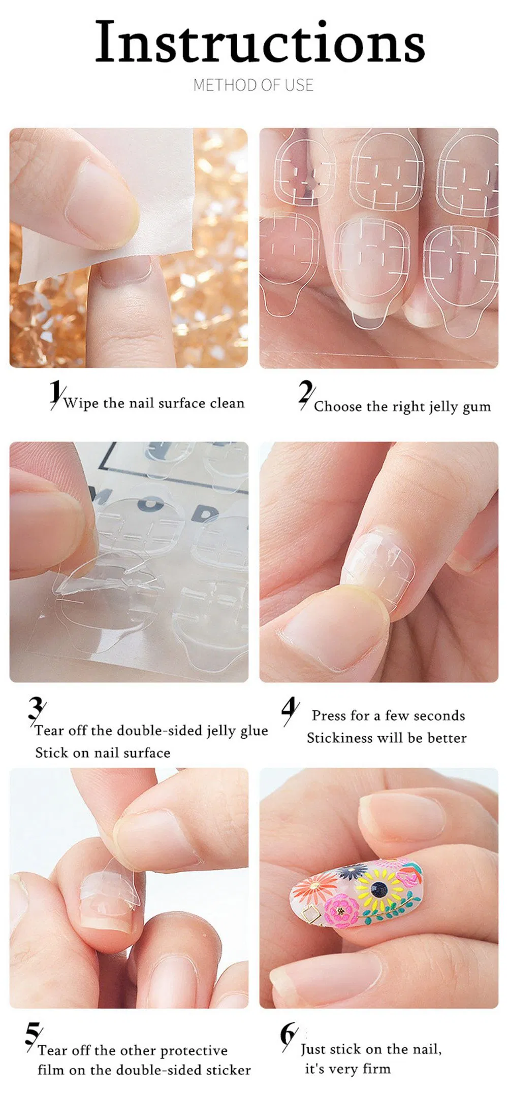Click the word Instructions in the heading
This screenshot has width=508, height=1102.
(x=260, y=42)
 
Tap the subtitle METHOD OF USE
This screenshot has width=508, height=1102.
(x=253, y=85)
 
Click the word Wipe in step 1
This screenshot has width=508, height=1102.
(x=81, y=403)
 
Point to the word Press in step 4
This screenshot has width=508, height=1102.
(x=329, y=715)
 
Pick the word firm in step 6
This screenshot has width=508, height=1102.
(x=376, y=1069)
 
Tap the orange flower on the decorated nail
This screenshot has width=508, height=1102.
(x=314, y=889)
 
